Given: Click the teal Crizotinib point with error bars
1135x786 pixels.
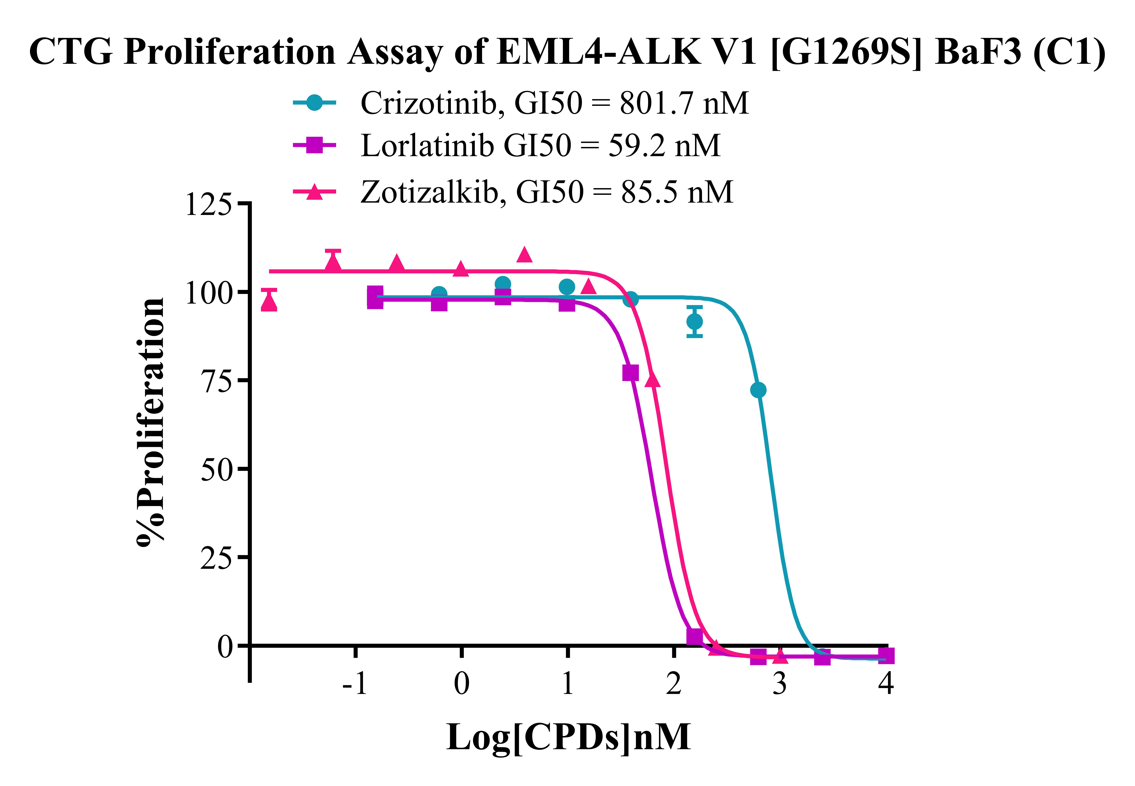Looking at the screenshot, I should click(x=694, y=322).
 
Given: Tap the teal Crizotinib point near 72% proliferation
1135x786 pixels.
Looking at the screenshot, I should click(x=758, y=390).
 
